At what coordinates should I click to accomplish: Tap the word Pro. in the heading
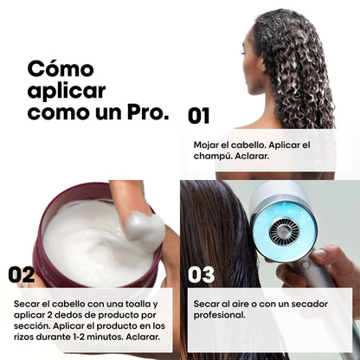[144, 112]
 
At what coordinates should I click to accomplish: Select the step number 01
[199, 115]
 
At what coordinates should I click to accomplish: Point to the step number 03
[201, 274]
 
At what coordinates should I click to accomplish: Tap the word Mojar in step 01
[209, 144]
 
